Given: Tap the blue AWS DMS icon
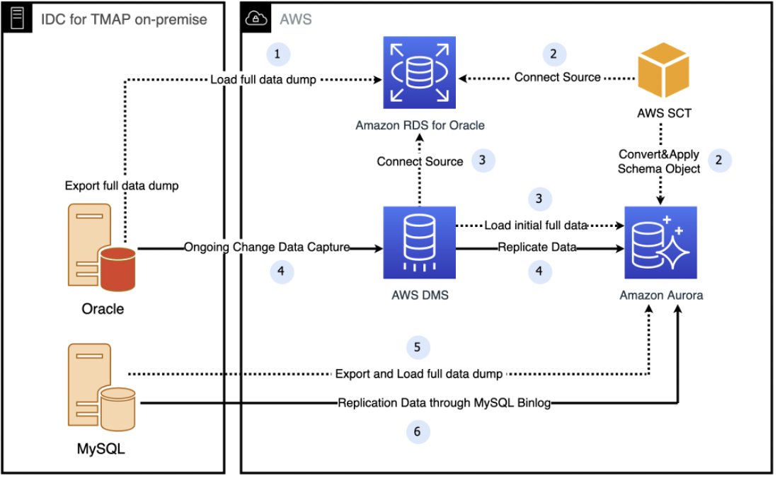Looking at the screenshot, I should (x=419, y=243).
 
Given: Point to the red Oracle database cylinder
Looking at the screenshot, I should (x=117, y=269).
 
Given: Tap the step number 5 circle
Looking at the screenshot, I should (x=418, y=347).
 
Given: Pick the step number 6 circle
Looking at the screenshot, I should (x=418, y=431).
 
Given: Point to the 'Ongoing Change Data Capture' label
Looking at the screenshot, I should (x=267, y=247).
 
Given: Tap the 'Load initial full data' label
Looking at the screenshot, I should (x=536, y=226).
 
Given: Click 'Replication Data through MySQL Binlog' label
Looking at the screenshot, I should (x=444, y=404).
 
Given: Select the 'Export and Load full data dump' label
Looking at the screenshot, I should (x=418, y=373).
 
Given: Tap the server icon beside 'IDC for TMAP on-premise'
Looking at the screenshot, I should (x=17, y=18).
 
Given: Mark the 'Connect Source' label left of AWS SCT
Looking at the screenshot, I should (x=557, y=76).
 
